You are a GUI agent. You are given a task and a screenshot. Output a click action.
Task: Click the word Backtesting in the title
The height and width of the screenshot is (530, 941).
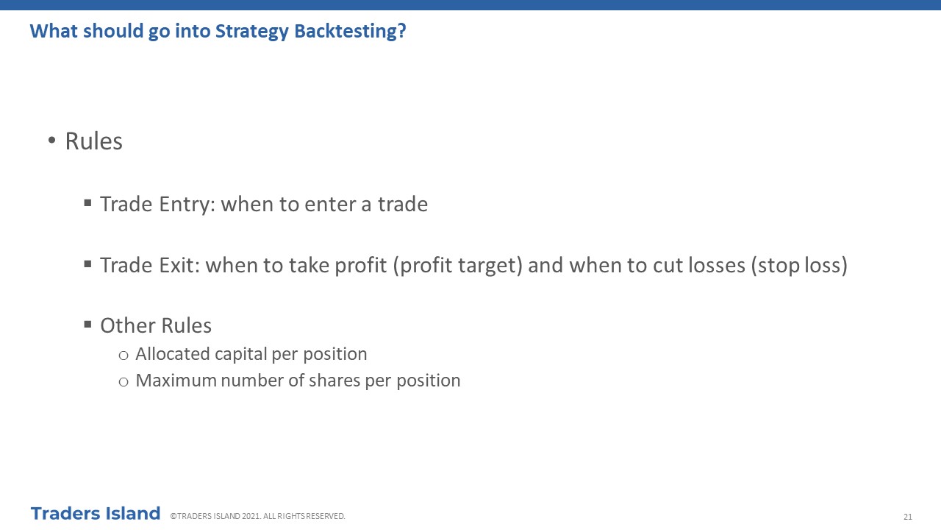pos(350,32)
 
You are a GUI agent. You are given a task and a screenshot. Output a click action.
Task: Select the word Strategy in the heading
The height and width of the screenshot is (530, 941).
pos(252,32)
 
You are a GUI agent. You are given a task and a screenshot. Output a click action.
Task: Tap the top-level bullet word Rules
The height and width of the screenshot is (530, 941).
pos(93,141)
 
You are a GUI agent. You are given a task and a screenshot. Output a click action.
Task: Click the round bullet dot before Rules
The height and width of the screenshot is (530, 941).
pos(51,140)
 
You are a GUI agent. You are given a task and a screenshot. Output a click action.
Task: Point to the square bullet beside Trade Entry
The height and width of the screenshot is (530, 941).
pos(87,203)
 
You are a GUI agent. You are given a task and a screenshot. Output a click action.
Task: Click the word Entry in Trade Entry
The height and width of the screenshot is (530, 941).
pos(187,205)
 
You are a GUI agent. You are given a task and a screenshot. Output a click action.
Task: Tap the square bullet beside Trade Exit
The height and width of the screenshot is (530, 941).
pos(87,264)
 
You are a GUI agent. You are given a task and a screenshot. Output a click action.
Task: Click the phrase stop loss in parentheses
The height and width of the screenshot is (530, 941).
pos(799,266)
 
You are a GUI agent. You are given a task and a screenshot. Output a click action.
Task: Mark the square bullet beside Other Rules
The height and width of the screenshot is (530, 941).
pos(87,325)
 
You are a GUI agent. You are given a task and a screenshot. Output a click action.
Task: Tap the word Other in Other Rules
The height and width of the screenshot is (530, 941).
pos(128,325)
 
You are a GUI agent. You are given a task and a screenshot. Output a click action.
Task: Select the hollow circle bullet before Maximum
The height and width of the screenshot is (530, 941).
pos(124,382)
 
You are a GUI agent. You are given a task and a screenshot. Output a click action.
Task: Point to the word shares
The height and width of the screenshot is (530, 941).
pos(334,381)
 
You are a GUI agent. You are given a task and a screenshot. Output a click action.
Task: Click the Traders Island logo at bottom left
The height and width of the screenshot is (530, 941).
pos(96,514)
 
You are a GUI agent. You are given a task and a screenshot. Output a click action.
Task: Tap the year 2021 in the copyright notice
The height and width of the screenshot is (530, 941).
pos(250,516)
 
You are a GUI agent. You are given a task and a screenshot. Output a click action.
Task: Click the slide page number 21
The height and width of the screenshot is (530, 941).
pos(908,517)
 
